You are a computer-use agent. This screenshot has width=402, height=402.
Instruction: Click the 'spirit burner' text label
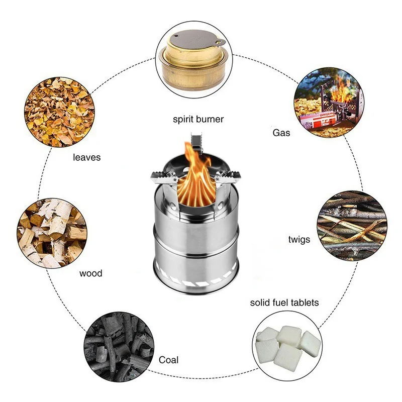pyautogui.click(x=198, y=120)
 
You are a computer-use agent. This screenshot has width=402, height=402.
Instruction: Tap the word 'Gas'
pyautogui.click(x=281, y=133)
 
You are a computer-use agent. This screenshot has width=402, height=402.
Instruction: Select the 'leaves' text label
pyautogui.click(x=86, y=157)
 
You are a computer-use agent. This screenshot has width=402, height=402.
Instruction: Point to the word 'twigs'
pyautogui.click(x=299, y=240)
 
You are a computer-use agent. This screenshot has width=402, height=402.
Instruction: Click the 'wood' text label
pyautogui.click(x=91, y=273)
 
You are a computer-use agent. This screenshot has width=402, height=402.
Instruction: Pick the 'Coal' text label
pyautogui.click(x=168, y=360)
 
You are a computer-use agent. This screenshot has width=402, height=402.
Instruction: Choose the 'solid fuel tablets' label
pyautogui.click(x=284, y=303)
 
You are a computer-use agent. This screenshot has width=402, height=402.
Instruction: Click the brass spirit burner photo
pyautogui.click(x=194, y=59)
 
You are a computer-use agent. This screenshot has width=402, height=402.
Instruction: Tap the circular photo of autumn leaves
pyautogui.click(x=59, y=112)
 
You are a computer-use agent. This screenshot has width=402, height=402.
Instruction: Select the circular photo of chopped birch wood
pyautogui.click(x=52, y=233)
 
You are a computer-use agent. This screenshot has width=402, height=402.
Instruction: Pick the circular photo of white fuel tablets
pyautogui.click(x=287, y=346)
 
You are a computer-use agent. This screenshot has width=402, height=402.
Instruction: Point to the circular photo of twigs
pyautogui.click(x=352, y=226)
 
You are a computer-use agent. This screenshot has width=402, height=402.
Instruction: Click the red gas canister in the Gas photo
pyautogui.click(x=319, y=120)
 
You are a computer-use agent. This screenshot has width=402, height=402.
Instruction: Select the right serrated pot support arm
pyautogui.click(x=228, y=177)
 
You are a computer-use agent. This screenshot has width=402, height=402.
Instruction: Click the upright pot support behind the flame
pyautogui.click(x=196, y=142)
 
